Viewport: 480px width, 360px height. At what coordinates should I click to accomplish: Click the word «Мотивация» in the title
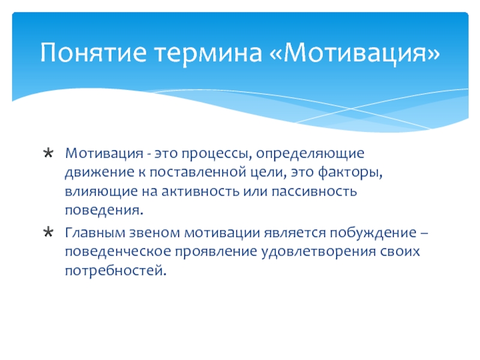click(x=355, y=53)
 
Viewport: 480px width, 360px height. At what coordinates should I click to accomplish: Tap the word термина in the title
click(x=208, y=53)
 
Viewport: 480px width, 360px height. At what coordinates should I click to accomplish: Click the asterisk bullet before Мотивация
click(x=49, y=153)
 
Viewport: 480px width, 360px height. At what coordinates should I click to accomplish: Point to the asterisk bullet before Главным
click(x=49, y=232)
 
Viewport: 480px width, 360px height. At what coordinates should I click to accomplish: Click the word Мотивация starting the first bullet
click(x=104, y=153)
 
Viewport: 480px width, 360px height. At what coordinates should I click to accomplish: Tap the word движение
click(x=100, y=173)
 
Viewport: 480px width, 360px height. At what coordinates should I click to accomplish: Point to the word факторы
click(x=350, y=173)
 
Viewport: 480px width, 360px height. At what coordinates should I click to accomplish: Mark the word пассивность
click(x=314, y=191)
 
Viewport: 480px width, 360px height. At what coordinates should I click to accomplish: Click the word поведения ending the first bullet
click(x=104, y=211)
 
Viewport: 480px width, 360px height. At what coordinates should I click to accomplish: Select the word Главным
click(x=95, y=233)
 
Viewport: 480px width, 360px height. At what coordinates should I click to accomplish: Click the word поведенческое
click(x=118, y=252)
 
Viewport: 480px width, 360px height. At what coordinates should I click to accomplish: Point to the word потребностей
click(x=116, y=271)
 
